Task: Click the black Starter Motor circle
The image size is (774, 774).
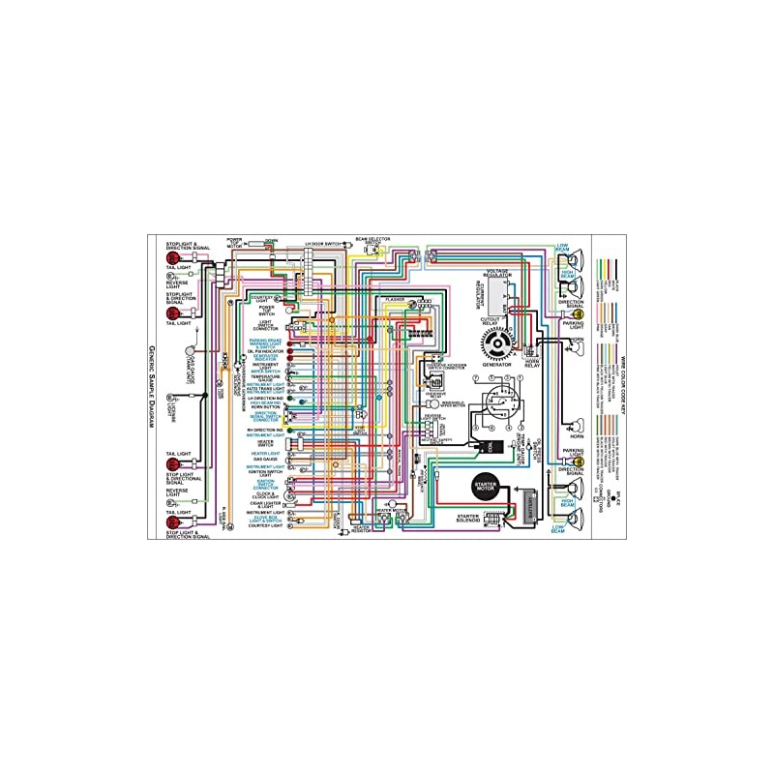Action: click(484, 487)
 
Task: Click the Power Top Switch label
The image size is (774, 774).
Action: click(266, 310)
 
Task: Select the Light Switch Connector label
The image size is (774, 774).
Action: click(265, 324)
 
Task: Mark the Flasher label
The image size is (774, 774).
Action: click(394, 300)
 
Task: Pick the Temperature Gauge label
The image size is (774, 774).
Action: click(265, 378)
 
